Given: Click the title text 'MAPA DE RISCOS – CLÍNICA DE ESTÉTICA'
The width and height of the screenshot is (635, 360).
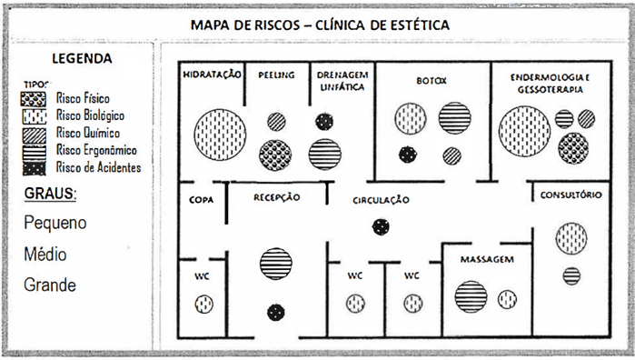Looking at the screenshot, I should point(319,25).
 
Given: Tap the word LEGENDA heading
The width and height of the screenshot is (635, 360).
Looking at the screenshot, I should point(83,60).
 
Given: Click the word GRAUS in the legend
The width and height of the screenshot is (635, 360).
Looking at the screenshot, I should point(50,194).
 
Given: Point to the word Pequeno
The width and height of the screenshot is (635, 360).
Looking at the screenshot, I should point(56,223).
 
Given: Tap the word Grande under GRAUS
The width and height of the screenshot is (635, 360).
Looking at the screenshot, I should point(51,285).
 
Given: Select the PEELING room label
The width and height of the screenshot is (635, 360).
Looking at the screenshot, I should point(275,75).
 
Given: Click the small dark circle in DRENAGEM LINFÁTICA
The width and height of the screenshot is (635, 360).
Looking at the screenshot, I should point(323,120).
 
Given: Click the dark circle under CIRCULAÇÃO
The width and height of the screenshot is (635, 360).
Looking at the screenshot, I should point(380,227).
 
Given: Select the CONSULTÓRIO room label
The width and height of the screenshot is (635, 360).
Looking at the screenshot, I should point(569,195).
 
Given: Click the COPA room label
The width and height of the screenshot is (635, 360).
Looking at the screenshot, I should point(201,197).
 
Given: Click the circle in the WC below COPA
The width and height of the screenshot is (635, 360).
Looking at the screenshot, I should point(203,305).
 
